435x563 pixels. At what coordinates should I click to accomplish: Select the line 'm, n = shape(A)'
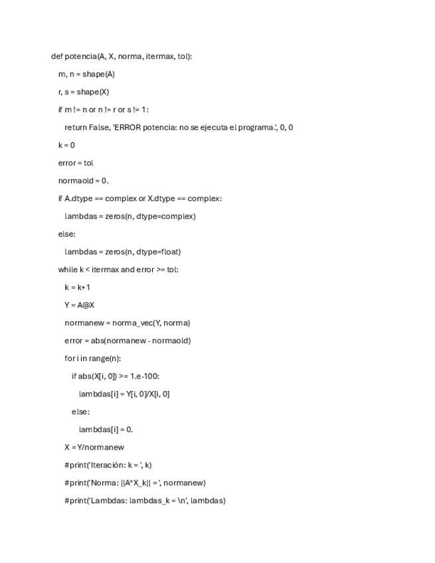click(86, 74)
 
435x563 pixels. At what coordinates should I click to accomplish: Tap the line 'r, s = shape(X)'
click(84, 92)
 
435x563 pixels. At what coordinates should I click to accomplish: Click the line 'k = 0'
click(66, 145)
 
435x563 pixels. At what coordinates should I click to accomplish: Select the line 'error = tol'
click(76, 163)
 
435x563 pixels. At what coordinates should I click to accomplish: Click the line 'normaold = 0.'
click(83, 181)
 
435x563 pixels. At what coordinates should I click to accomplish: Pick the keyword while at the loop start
click(68, 270)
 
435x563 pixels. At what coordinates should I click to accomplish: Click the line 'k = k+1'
click(77, 287)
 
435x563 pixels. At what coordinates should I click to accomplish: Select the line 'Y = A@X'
click(79, 305)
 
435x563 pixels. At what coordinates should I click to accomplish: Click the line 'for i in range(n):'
click(92, 359)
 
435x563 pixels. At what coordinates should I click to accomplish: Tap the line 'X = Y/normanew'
click(94, 447)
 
